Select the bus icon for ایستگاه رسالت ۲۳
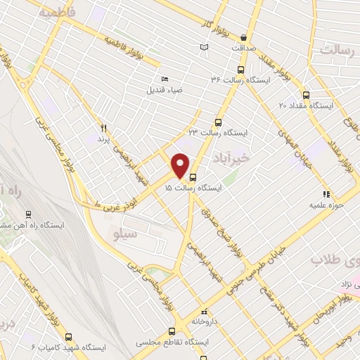[x=218, y=121]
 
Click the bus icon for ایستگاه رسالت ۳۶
[x=241, y=70]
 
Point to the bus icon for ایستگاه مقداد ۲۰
[x=305, y=94]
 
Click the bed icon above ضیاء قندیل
[x=165, y=79]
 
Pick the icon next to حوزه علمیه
[x=326, y=193]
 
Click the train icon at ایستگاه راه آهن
[x=28, y=214]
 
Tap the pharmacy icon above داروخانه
[x=205, y=309]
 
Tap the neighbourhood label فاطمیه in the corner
[x=56, y=13]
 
